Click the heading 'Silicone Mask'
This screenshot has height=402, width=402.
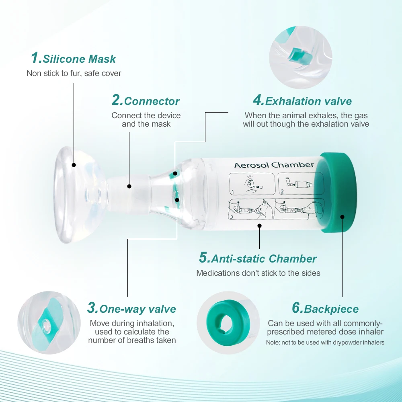click(x=79, y=59)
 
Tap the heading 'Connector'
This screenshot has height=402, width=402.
click(x=152, y=101)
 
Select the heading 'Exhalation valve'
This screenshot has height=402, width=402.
click(x=308, y=101)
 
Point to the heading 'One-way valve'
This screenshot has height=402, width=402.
click(x=137, y=309)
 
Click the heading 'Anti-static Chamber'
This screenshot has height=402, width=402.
click(x=264, y=258)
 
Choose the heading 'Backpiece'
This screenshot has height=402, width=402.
click(x=331, y=309)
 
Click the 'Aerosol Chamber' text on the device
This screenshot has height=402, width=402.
click(x=274, y=165)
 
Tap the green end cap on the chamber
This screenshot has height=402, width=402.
click(x=336, y=193)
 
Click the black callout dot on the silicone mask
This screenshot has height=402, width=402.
click(x=74, y=165)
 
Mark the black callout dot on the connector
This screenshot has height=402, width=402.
click(x=129, y=187)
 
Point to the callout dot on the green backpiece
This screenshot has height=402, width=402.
click(x=342, y=217)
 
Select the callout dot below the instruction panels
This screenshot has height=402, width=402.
click(x=259, y=226)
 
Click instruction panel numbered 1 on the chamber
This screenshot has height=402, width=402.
click(x=252, y=184)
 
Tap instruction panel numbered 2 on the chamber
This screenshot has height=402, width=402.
click(x=301, y=184)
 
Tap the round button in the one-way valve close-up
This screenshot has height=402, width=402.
click(x=47, y=325)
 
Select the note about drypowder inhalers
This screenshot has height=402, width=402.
click(x=325, y=343)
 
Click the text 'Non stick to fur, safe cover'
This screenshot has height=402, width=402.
click(x=74, y=73)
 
